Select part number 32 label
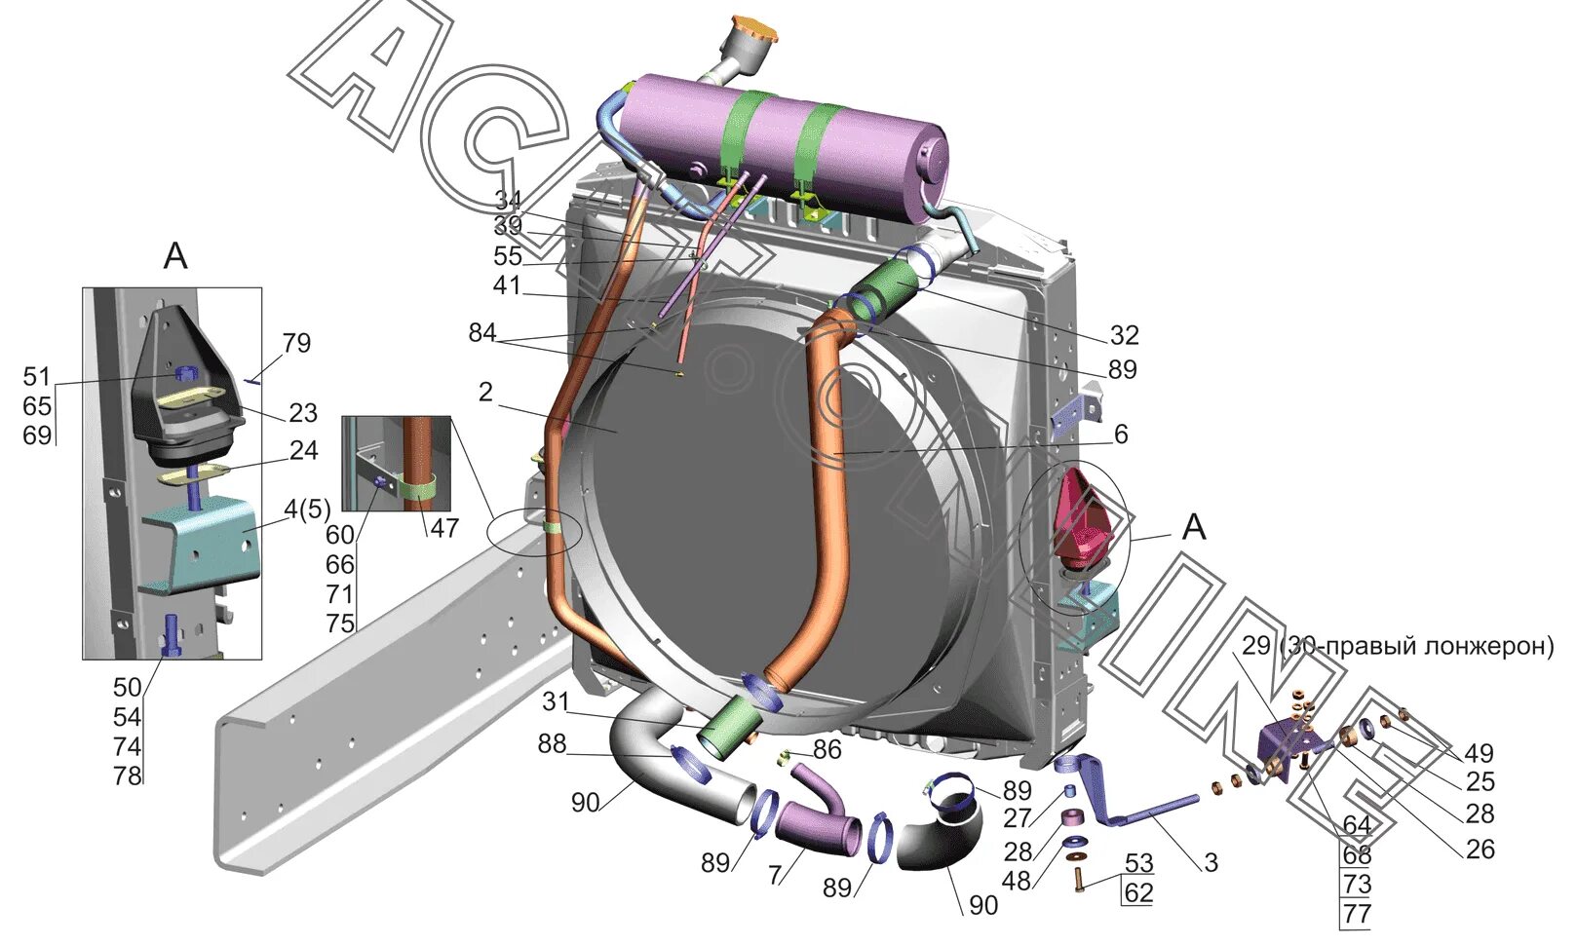(1124, 335)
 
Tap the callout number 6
(1121, 434)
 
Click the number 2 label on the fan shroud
(485, 392)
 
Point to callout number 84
(481, 333)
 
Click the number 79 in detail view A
(296, 343)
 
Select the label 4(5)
(307, 510)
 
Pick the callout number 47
(444, 529)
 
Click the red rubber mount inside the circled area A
(1082, 521)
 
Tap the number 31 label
(556, 701)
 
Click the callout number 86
(827, 749)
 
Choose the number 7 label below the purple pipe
(775, 875)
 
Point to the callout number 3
(1211, 862)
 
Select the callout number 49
(1479, 753)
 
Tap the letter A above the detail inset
(174, 256)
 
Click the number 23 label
(303, 413)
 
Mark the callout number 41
(507, 286)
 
